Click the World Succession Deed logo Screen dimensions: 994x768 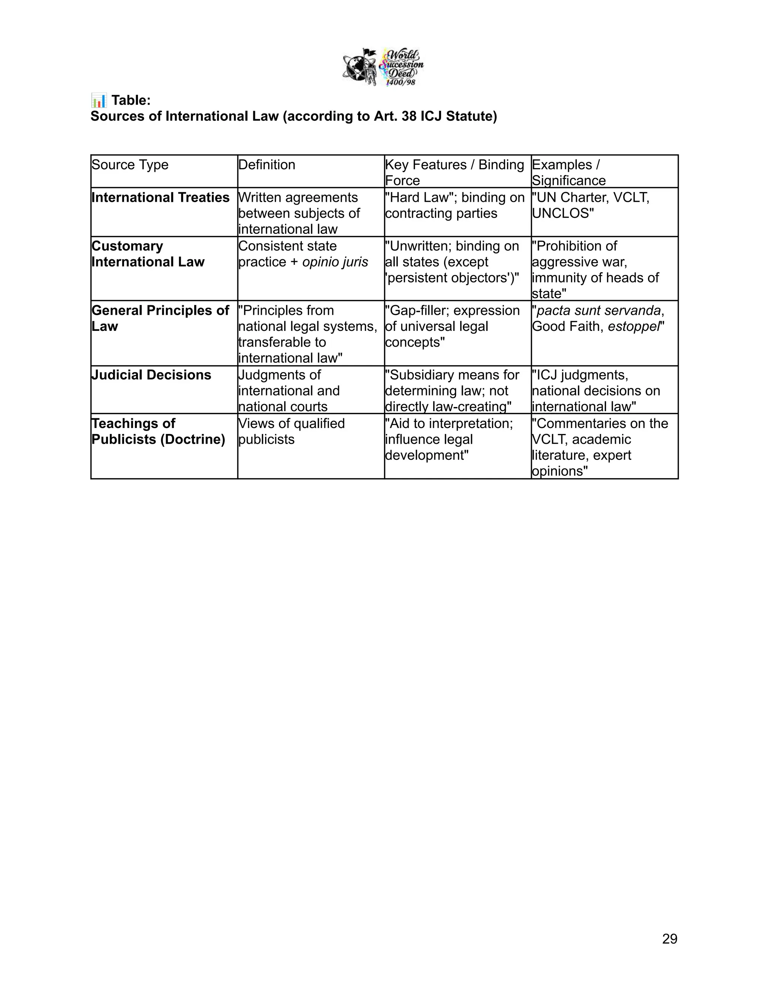click(x=383, y=68)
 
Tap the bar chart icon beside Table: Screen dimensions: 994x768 click(x=98, y=100)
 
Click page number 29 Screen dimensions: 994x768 click(x=669, y=938)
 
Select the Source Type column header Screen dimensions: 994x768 click(x=130, y=165)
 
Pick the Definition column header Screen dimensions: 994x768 click(x=267, y=165)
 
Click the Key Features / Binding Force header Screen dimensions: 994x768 click(x=454, y=172)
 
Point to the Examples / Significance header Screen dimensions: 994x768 click(x=569, y=172)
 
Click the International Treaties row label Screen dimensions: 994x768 click(x=160, y=198)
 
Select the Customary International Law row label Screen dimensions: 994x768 click(x=148, y=254)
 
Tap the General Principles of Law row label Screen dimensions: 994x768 click(x=160, y=318)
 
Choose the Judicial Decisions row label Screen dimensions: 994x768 click(x=151, y=375)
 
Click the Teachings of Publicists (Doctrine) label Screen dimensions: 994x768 click(x=158, y=431)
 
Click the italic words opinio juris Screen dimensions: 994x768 click(x=335, y=262)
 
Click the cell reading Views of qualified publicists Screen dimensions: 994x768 click(x=291, y=431)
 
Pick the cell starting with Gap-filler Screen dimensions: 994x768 click(x=452, y=326)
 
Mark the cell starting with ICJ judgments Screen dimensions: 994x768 click(x=595, y=390)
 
